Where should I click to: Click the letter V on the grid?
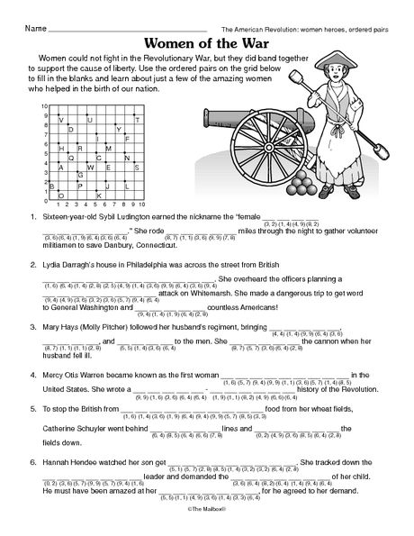[62, 121]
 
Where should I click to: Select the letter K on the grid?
[99, 195]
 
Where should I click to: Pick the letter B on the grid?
[62, 186]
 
